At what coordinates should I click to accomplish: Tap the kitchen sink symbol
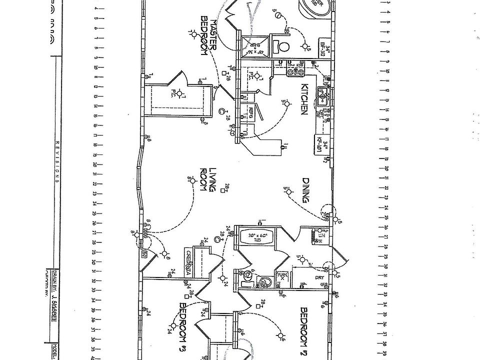pos(322,98)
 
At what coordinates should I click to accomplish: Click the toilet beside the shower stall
pos(283,47)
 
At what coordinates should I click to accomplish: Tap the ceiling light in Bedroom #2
pos(280,335)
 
